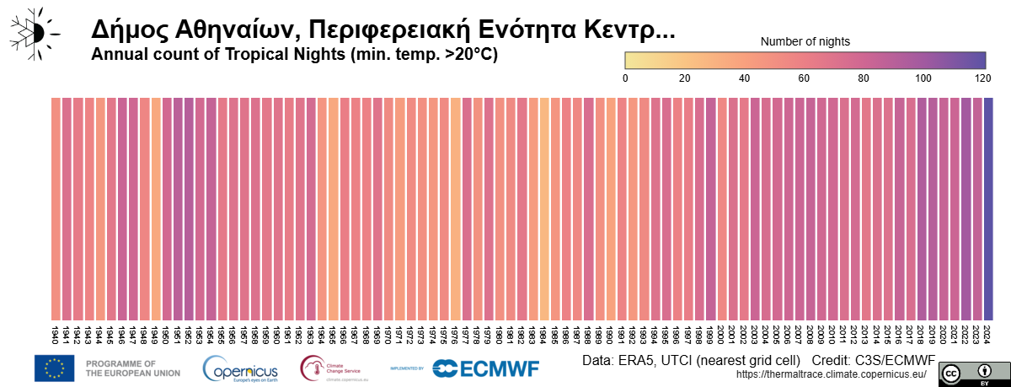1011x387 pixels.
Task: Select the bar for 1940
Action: pyautogui.click(x=56, y=207)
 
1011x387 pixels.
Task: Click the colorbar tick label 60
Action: pyautogui.click(x=804, y=78)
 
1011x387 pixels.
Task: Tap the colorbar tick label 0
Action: pyautogui.click(x=625, y=78)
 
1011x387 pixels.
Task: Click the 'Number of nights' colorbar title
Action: pyautogui.click(x=805, y=41)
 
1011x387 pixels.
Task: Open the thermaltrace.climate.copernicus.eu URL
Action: pyautogui.click(x=831, y=374)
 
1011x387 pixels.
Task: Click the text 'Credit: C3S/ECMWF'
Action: pyautogui.click(x=869, y=360)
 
